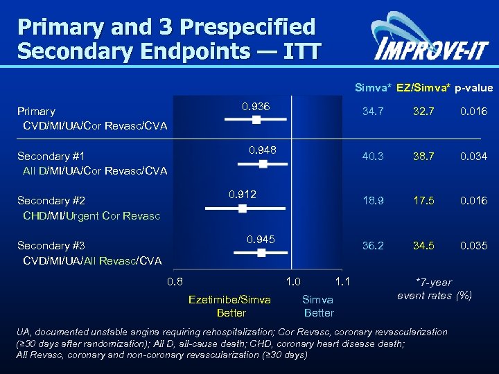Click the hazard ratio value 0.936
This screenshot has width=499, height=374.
pos(256,107)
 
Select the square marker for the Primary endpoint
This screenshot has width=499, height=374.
pos(256,120)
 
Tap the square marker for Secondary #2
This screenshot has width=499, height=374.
pos(243,208)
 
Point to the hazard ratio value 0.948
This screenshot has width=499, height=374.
pos(263,150)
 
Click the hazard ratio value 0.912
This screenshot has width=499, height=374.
pos(243,195)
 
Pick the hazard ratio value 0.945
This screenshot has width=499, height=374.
pos(261,239)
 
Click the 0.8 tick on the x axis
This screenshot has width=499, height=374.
pos(175,281)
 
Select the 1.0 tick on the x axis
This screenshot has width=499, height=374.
pos(293,281)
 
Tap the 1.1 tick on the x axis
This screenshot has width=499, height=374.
pos(341,281)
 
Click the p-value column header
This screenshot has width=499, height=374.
pos(474,88)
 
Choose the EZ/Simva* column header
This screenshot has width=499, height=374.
pos(423,88)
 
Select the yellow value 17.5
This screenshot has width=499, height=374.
pos(423,201)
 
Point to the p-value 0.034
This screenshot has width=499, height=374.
pos(474,157)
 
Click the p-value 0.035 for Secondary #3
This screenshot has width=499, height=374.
pos(474,245)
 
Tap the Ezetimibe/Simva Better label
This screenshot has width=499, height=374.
pos(229,306)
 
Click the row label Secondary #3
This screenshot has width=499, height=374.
pos(51,245)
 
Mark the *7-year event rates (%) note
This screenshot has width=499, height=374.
pos(434,289)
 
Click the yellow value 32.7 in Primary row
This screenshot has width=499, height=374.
pos(423,111)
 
